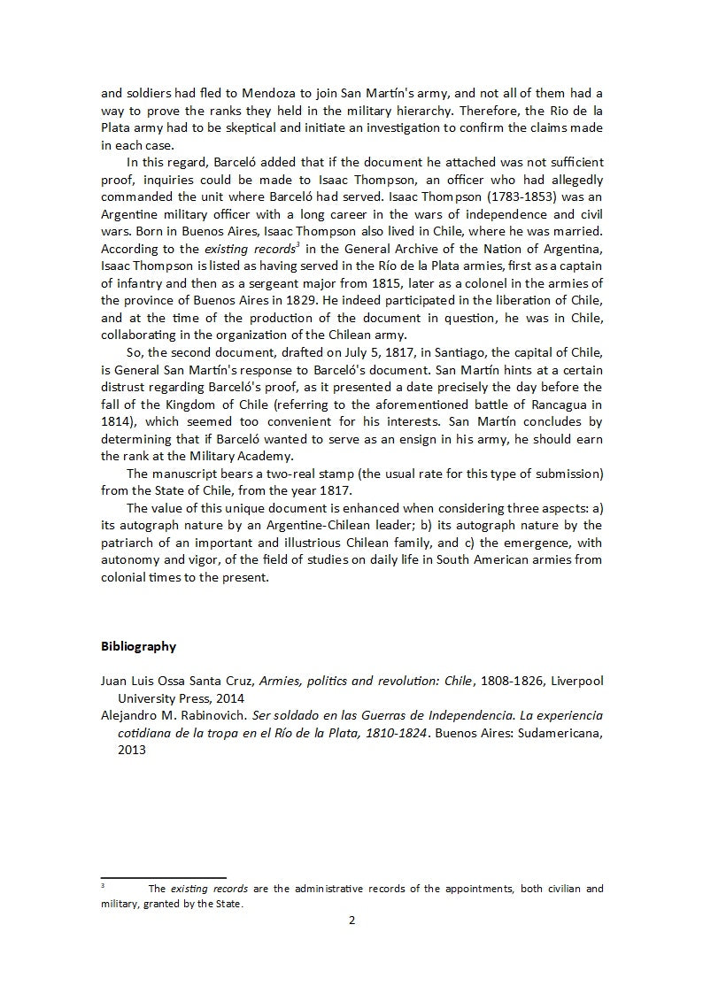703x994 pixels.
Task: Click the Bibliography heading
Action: pyautogui.click(x=138, y=646)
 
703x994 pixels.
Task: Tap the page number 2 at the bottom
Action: pyautogui.click(x=351, y=920)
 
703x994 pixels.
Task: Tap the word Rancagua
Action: pyautogui.click(x=558, y=405)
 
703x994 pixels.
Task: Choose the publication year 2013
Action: pyautogui.click(x=132, y=748)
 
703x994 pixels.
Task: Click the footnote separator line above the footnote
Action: pyautogui.click(x=164, y=877)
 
